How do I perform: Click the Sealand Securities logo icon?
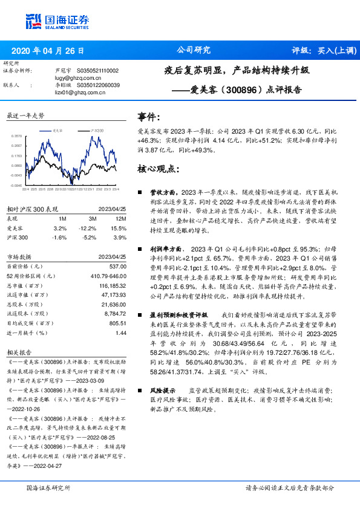34,22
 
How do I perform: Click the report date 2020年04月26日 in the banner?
48,50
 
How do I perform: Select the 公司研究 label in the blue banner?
193,50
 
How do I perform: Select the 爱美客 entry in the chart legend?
57,130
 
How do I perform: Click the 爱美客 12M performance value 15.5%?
118,229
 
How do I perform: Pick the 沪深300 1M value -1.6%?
59,237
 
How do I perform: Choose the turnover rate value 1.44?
120,332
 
